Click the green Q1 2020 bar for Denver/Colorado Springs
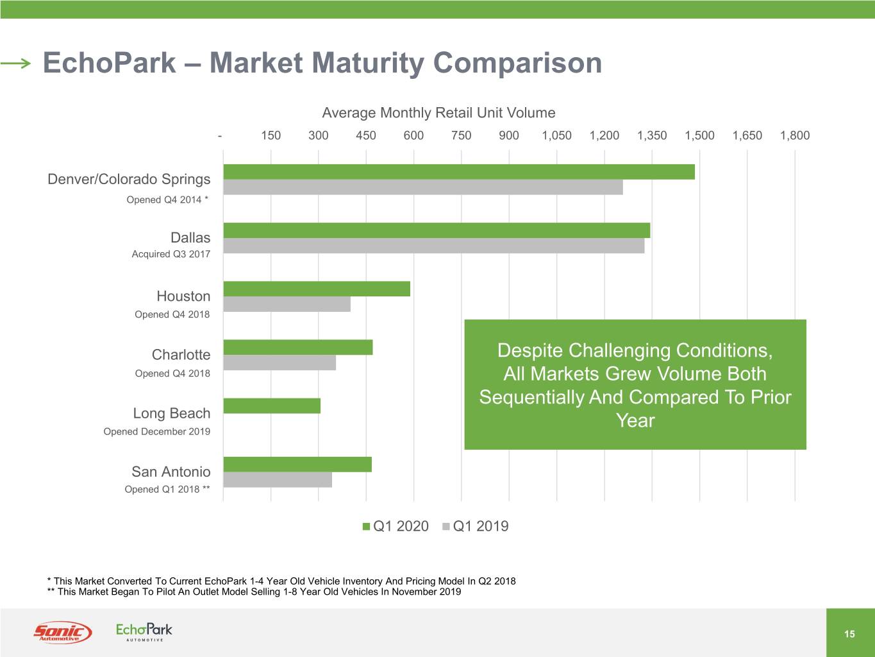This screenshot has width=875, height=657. [x=459, y=172]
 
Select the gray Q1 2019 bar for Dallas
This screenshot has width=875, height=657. [x=433, y=246]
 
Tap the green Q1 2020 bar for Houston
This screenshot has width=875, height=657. [x=317, y=289]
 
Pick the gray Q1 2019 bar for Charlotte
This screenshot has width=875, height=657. [x=279, y=363]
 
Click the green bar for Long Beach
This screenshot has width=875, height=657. [x=272, y=406]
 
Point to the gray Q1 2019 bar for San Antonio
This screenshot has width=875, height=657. [x=278, y=480]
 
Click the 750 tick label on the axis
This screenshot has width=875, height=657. [x=461, y=135]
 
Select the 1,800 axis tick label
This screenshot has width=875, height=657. [x=794, y=135]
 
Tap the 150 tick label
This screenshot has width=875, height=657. [x=271, y=135]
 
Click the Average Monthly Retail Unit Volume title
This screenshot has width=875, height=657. [x=438, y=113]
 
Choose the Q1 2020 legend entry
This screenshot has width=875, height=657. [x=395, y=526]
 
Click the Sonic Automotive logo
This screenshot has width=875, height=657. [x=62, y=632]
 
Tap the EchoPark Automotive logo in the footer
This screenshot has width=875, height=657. [x=144, y=631]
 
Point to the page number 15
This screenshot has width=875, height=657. [x=849, y=634]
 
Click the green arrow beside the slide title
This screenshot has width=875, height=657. [x=15, y=63]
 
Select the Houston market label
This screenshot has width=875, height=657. [x=183, y=296]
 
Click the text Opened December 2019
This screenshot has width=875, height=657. [x=157, y=432]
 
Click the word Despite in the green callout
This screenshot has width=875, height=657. [x=530, y=350]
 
